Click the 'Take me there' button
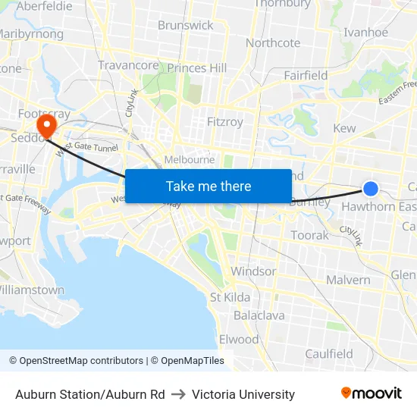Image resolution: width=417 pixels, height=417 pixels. (x=208, y=186)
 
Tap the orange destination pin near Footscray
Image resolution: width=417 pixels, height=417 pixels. (x=47, y=124)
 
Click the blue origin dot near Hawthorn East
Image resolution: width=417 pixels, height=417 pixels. (x=371, y=189)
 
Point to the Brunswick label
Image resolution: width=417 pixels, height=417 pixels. (x=186, y=25)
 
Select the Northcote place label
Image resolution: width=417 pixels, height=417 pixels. (x=273, y=43)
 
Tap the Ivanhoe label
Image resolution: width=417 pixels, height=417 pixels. (x=365, y=33)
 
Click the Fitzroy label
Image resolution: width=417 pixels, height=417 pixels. (x=225, y=121)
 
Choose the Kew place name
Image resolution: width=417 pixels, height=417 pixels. (x=344, y=128)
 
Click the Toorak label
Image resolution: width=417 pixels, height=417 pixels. (x=310, y=235)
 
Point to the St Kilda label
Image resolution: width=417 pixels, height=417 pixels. (x=230, y=297)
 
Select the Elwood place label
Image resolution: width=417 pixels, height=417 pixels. (x=239, y=339)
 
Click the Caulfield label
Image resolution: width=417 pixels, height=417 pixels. (x=329, y=353)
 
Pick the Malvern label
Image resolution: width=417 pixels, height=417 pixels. (x=348, y=280)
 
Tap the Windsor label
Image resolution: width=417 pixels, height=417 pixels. (x=253, y=271)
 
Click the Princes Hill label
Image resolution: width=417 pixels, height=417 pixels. (x=197, y=68)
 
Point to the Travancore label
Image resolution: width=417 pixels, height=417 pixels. (x=128, y=65)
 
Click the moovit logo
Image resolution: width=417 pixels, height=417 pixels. (x=372, y=393)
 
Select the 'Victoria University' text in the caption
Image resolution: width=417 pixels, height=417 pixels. (x=243, y=394)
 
